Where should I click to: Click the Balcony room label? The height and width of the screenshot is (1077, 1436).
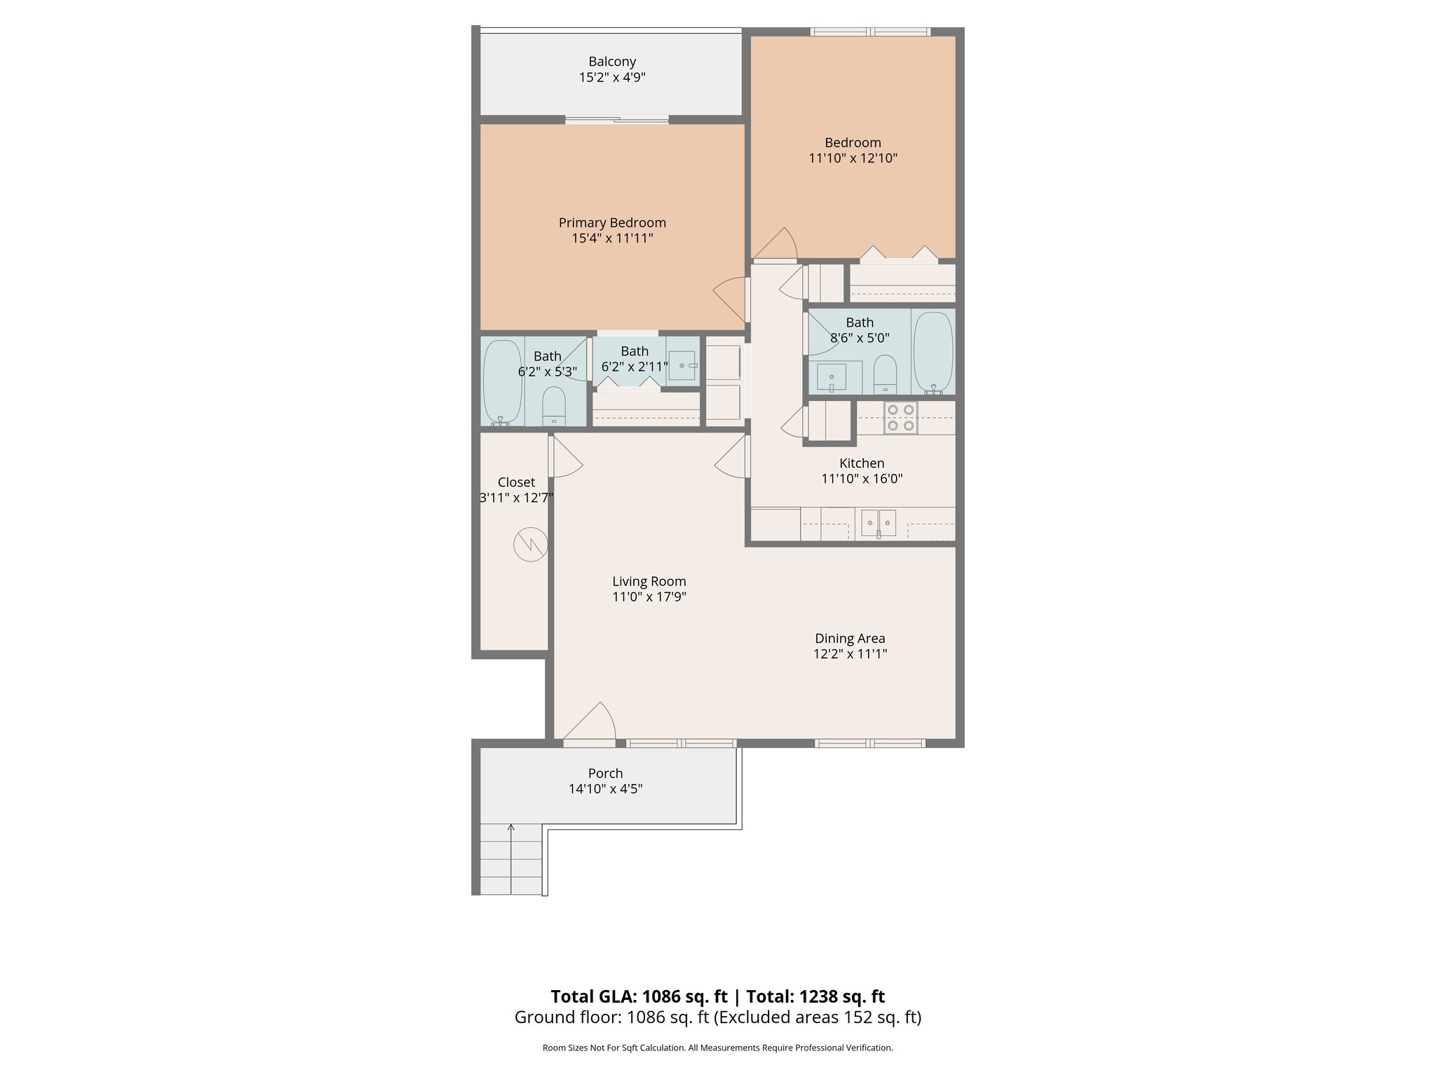(612, 62)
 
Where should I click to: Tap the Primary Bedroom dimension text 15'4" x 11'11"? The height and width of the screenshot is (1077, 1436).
(612, 238)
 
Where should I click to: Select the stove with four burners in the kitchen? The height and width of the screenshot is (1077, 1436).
(900, 418)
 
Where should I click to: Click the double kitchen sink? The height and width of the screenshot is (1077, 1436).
(879, 523)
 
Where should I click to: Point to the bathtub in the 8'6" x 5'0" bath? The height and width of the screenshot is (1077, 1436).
(933, 352)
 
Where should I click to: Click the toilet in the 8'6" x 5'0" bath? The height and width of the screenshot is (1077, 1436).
(885, 374)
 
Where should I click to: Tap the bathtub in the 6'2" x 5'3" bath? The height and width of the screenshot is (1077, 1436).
(502, 382)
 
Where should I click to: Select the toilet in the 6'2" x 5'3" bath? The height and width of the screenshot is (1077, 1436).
(554, 406)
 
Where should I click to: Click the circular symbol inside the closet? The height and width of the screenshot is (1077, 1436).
(531, 544)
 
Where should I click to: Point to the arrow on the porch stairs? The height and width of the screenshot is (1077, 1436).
(511, 830)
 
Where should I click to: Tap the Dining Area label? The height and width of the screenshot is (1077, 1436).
(850, 638)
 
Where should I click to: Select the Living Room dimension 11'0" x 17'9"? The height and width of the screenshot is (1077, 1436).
(649, 597)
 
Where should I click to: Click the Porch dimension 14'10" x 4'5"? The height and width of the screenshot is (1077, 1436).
(605, 789)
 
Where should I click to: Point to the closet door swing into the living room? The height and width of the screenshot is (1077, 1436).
(567, 457)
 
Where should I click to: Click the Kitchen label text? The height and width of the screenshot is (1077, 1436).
(862, 463)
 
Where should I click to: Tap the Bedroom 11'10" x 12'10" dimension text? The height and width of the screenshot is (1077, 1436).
(853, 158)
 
